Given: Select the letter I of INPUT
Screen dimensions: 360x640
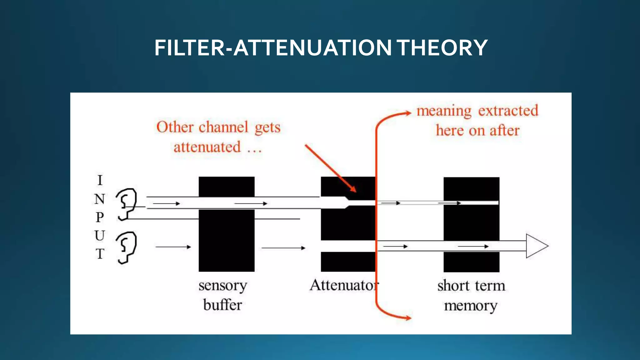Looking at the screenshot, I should click(x=100, y=180).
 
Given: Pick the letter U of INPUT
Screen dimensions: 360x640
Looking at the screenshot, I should click(x=100, y=236).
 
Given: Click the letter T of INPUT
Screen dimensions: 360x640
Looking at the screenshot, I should click(x=100, y=254).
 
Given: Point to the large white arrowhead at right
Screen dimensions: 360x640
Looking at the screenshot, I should click(x=536, y=246).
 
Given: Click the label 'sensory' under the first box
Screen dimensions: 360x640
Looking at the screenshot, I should click(x=223, y=286).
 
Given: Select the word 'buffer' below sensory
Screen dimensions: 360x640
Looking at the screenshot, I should click(x=222, y=305).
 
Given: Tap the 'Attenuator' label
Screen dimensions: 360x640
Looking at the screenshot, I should click(x=344, y=285).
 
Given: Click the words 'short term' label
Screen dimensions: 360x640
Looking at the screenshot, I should click(x=471, y=286).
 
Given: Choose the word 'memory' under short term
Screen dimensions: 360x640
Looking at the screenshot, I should click(x=471, y=306).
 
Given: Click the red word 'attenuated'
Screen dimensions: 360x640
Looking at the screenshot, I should click(x=207, y=147).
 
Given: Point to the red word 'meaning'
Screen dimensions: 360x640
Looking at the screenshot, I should click(x=444, y=111).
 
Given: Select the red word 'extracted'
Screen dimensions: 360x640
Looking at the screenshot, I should click(x=508, y=110).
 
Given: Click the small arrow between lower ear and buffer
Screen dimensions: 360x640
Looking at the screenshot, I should click(x=173, y=247).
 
